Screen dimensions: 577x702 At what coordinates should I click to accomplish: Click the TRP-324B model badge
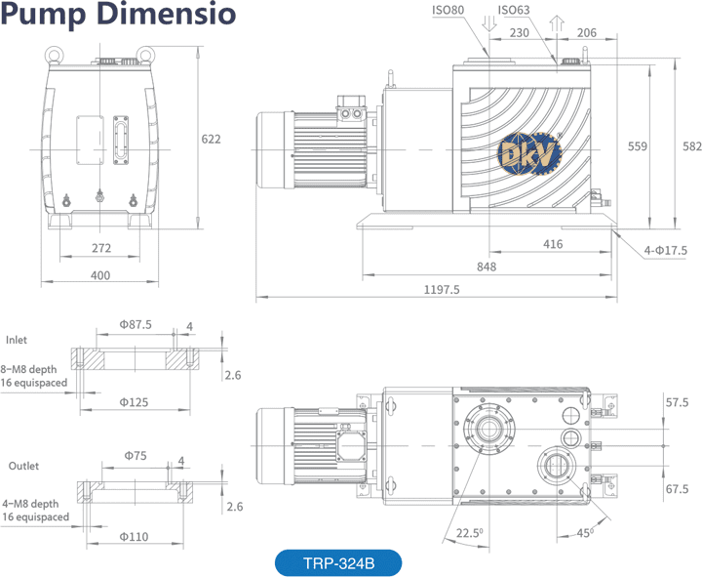tap(337, 563)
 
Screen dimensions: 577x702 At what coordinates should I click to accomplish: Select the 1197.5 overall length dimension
tap(441, 289)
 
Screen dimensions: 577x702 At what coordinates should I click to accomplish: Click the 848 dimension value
tap(487, 267)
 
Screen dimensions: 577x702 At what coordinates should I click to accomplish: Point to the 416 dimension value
tap(552, 244)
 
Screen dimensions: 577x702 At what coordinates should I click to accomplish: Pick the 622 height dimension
tap(211, 139)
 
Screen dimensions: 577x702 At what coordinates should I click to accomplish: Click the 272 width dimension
tap(100, 248)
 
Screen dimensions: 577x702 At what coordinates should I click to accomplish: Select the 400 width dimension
tap(100, 275)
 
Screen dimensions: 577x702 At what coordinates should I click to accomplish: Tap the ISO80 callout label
tap(448, 11)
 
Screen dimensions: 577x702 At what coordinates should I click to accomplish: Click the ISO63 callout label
tap(514, 11)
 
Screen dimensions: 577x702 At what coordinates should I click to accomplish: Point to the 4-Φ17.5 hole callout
tap(666, 251)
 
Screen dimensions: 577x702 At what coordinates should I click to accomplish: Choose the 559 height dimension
tap(638, 146)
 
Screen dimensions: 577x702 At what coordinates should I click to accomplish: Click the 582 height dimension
tap(692, 146)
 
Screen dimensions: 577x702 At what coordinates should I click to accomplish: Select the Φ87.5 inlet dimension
tap(136, 324)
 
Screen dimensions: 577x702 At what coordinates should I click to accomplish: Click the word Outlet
tap(24, 466)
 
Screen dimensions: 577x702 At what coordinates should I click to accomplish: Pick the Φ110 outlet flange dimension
tap(135, 536)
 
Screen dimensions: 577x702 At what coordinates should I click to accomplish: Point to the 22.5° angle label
tap(468, 532)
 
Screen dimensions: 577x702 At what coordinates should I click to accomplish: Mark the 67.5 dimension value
tap(677, 488)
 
